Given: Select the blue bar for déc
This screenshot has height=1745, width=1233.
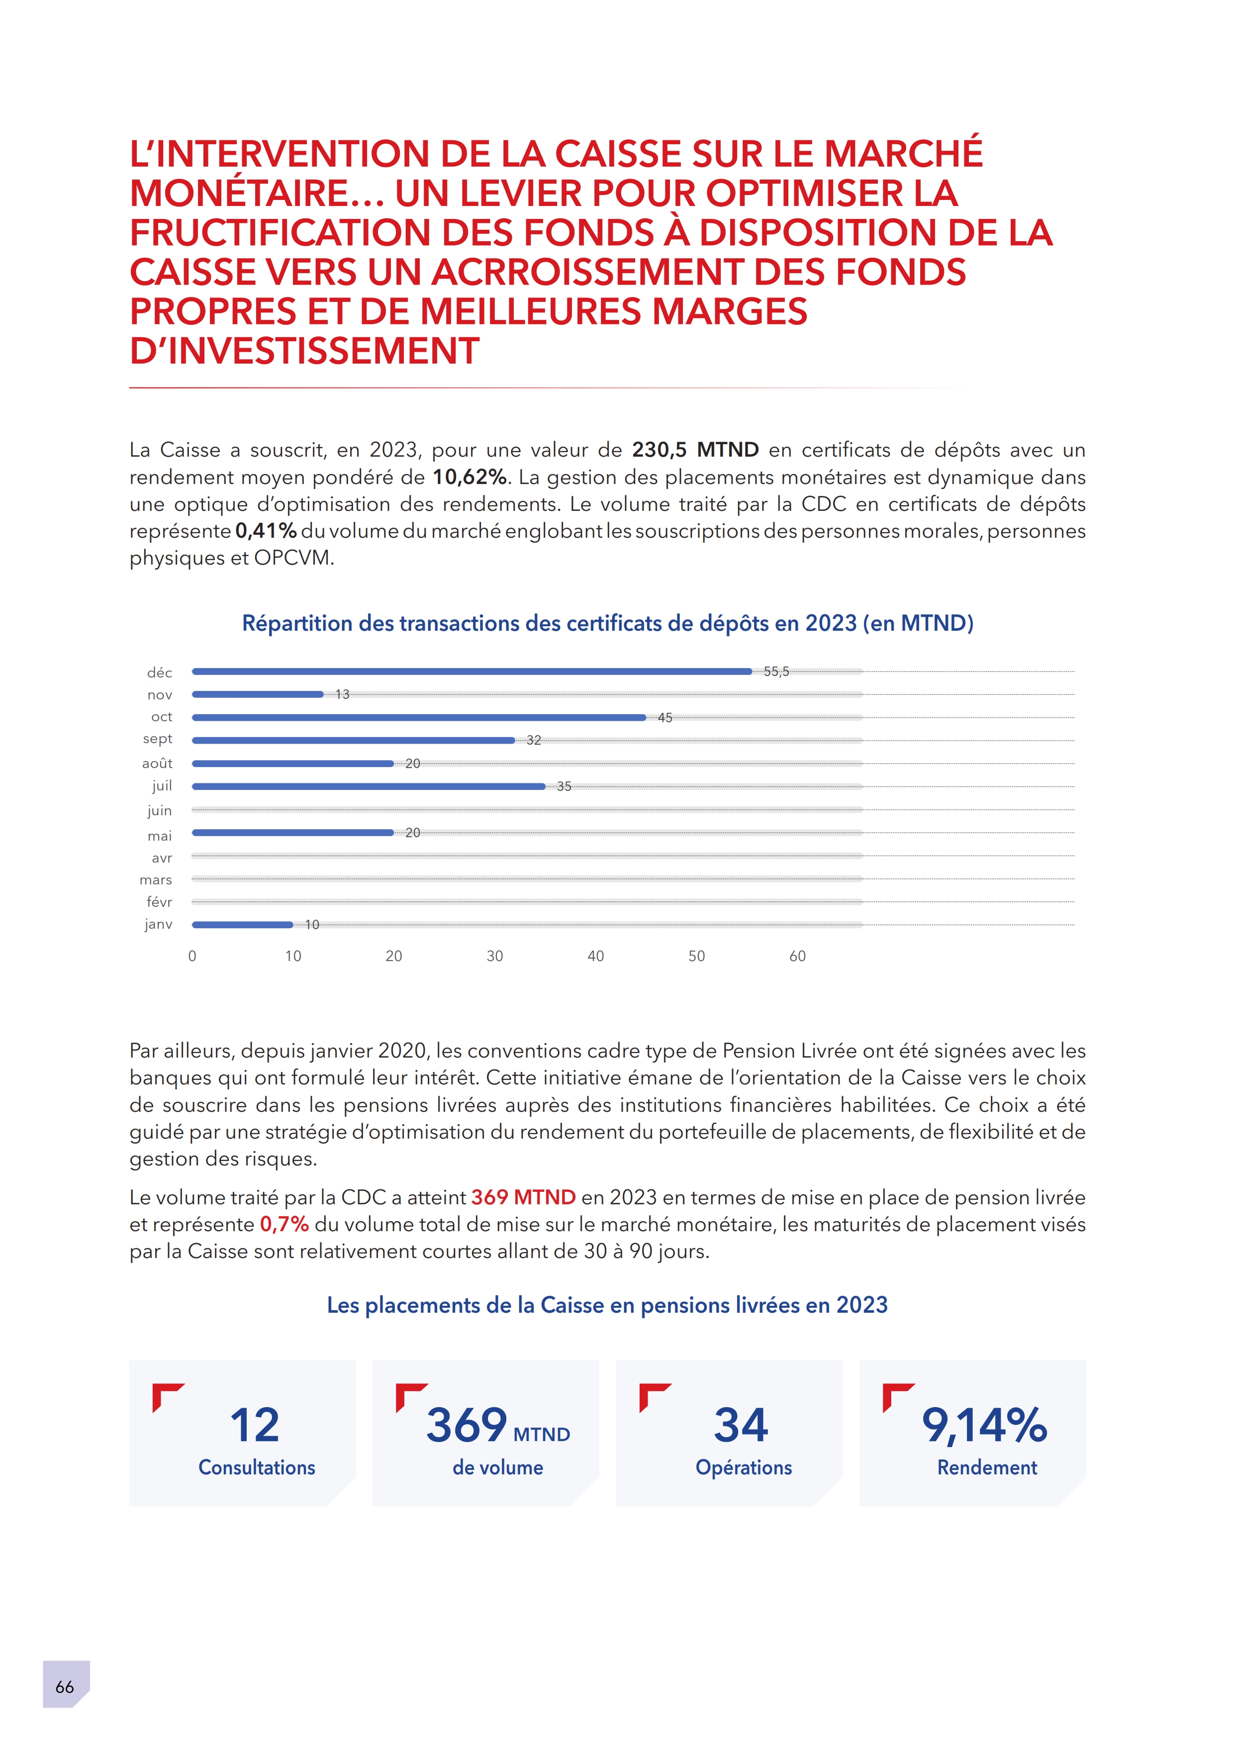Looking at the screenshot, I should point(471,672).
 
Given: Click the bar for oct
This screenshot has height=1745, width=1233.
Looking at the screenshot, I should point(419,717).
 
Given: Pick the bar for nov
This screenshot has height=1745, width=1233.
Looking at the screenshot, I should point(258,694).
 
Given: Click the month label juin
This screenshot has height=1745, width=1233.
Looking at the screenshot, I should point(160,810).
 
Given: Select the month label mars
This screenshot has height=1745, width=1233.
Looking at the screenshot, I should point(156,880).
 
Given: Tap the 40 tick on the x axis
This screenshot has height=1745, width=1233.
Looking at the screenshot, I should point(595,956).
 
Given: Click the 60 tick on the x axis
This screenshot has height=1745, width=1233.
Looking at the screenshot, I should point(797,956).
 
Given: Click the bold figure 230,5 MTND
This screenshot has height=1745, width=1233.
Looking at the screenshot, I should point(695,450).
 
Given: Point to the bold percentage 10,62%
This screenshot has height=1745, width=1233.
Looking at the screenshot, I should point(470,478).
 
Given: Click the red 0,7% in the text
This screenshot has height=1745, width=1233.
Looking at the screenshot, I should point(284,1224).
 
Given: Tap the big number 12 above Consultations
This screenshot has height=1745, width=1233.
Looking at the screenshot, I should point(255,1425).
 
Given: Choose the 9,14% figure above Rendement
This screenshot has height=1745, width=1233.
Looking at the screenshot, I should point(985,1425).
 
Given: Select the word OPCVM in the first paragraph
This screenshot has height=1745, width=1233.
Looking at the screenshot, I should point(293,558).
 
